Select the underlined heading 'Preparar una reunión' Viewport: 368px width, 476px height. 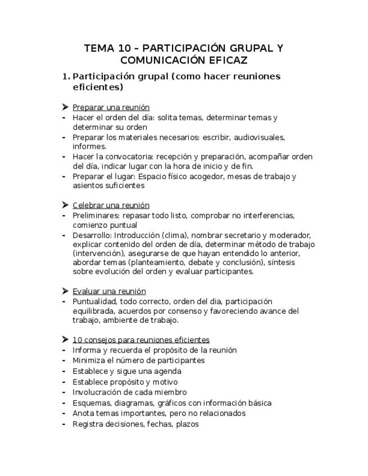click(111, 107)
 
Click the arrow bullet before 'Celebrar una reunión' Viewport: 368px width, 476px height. click(65, 205)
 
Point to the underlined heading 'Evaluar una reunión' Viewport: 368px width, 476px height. click(109, 291)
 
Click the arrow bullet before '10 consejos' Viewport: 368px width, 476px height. click(65, 340)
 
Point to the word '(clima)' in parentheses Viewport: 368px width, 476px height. click(175, 235)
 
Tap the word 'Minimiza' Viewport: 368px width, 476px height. click(89, 360)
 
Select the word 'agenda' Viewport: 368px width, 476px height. click(167, 371)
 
